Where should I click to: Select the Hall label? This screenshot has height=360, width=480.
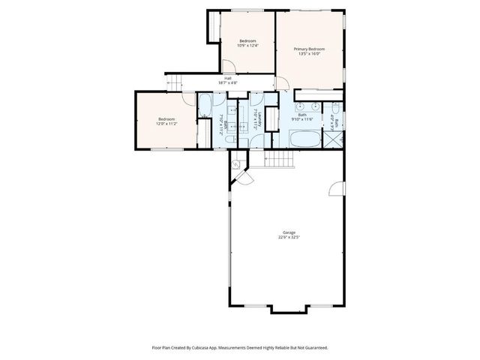[x=227, y=77]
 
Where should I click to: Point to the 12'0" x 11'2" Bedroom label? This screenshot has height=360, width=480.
[x=166, y=121]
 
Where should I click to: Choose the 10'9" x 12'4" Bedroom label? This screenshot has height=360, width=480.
[x=247, y=43]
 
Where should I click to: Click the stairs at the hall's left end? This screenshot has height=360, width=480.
[x=174, y=82]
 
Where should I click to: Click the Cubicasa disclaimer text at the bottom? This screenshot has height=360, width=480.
[x=239, y=347]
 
